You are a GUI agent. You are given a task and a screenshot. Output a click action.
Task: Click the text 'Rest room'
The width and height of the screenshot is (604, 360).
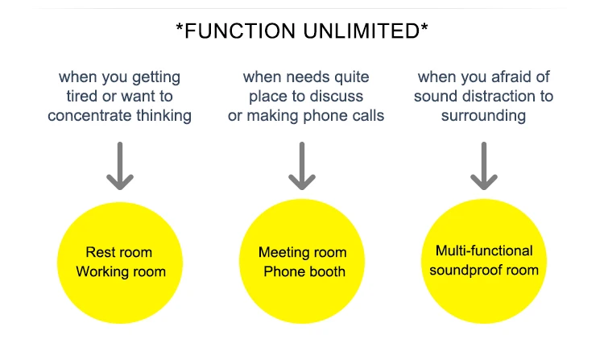[x=119, y=252]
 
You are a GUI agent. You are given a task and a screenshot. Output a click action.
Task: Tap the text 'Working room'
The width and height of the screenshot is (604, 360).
[x=121, y=271]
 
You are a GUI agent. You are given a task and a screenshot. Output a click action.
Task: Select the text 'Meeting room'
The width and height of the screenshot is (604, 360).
[x=302, y=252]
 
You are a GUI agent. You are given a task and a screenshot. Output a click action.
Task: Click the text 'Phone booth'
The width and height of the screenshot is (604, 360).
[x=304, y=271]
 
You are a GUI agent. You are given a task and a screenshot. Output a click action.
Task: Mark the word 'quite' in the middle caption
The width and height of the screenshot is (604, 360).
[x=350, y=78]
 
